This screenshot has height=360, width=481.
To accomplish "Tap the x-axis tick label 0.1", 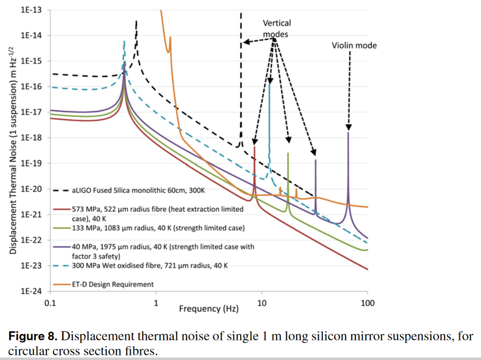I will click(x=50, y=304).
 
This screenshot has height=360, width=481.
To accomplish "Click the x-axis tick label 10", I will click(x=262, y=304).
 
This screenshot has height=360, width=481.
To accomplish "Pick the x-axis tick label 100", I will click(x=367, y=304).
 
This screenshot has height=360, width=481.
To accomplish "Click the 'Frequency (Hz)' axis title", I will click(x=209, y=309).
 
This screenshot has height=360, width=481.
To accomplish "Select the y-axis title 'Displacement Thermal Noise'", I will click(x=13, y=151).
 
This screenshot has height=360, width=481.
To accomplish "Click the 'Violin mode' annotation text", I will click(x=354, y=45).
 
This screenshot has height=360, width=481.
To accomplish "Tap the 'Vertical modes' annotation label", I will click(x=277, y=28).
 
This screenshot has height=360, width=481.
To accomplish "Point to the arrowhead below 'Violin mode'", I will click(x=349, y=127).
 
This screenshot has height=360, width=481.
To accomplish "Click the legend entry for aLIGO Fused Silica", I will click(x=129, y=190).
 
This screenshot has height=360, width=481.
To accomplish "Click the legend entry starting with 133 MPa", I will click(x=151, y=228).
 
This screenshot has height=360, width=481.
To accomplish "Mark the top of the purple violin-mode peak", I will click(x=348, y=132).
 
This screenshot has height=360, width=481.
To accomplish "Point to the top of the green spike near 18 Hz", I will click(x=288, y=153).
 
